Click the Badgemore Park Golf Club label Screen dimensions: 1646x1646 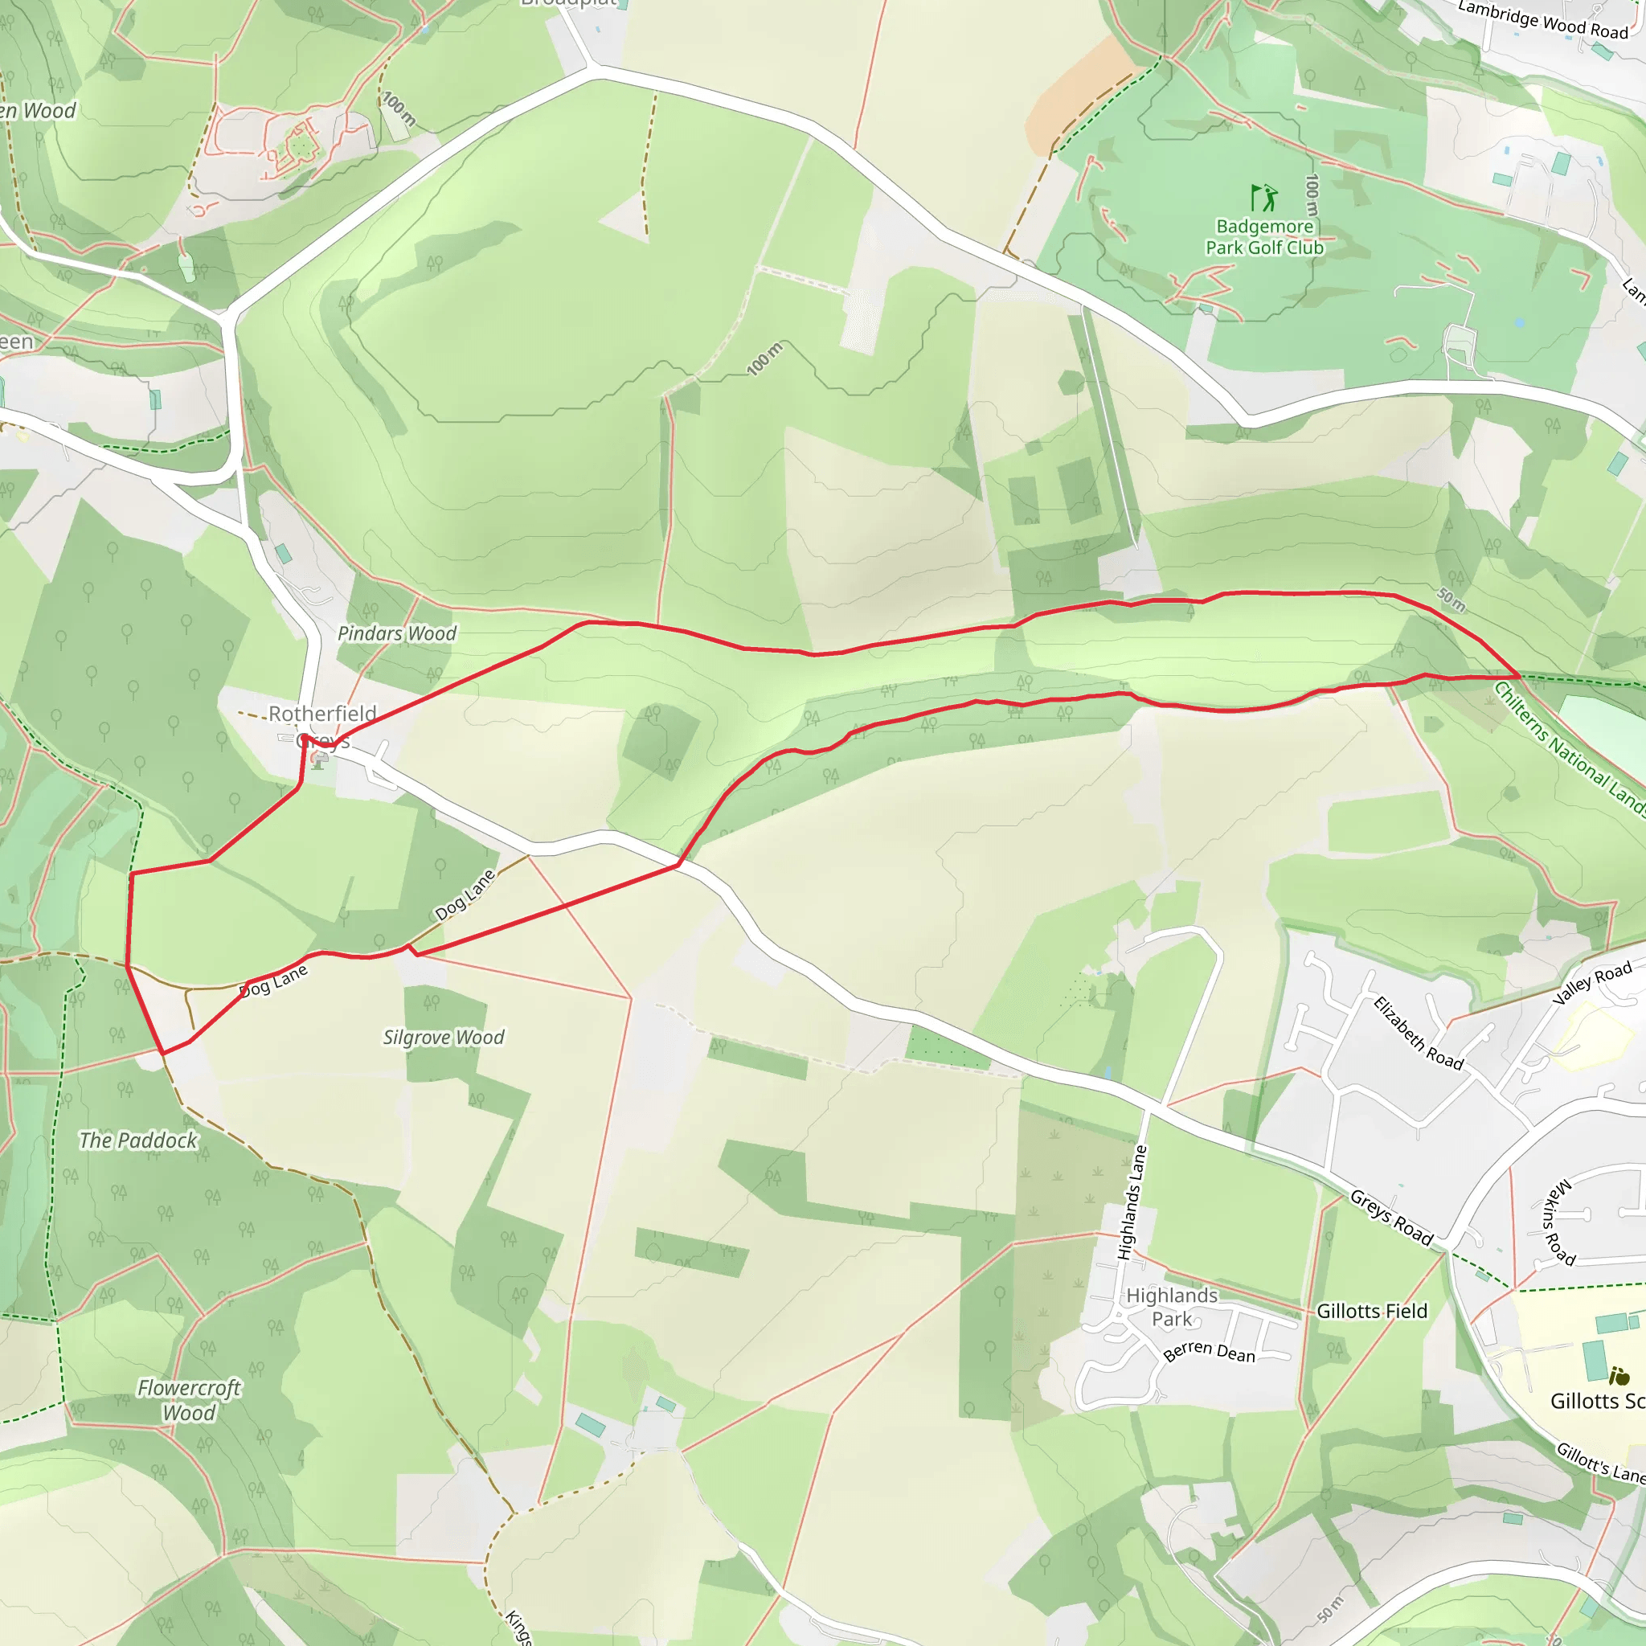click(1264, 237)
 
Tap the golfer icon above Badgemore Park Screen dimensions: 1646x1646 click(1264, 198)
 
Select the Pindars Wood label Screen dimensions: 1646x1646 click(397, 633)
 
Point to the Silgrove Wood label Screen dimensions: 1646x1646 click(443, 1037)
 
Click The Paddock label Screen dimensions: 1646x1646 click(138, 1140)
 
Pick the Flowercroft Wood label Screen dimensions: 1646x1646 click(189, 1400)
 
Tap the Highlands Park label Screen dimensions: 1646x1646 click(1173, 1307)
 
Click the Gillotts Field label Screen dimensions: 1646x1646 click(1372, 1311)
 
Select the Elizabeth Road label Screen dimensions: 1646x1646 click(1418, 1034)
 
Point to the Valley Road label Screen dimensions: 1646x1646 click(1591, 982)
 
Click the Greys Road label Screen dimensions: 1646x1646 click(1391, 1218)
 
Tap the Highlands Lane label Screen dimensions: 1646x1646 click(1132, 1202)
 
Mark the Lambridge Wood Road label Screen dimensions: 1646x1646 click(1543, 19)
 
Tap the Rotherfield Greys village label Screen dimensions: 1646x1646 click(322, 725)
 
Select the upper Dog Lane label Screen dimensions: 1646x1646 click(465, 895)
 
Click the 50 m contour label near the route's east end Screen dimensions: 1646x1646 click(1452, 599)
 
